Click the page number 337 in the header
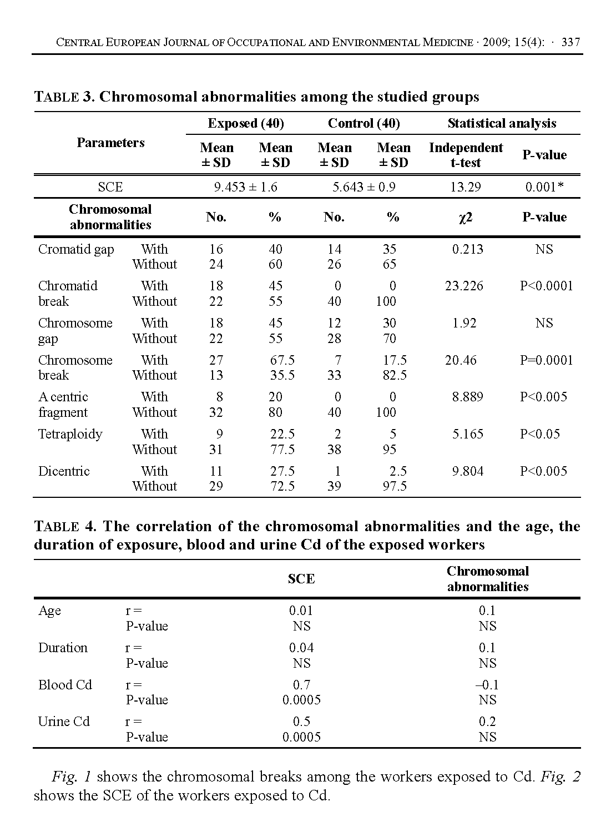[x=570, y=42]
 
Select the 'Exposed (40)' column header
[x=246, y=123]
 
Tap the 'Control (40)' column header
[x=364, y=123]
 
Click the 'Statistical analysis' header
[x=502, y=123]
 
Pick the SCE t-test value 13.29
[x=466, y=187]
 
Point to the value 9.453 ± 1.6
[x=246, y=187]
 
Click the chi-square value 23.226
[x=464, y=286]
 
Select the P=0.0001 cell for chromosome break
[x=546, y=360]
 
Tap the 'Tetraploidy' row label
[x=70, y=434]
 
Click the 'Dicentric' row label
[x=64, y=471]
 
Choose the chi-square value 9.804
[x=467, y=471]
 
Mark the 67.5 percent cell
[x=282, y=360]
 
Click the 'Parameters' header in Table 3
[x=110, y=143]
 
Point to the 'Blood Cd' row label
[x=65, y=685]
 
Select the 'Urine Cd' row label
[x=64, y=722]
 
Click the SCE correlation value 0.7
[x=301, y=685]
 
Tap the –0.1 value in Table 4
[x=487, y=685]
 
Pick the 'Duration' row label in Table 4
[x=63, y=648]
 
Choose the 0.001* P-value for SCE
[x=544, y=187]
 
